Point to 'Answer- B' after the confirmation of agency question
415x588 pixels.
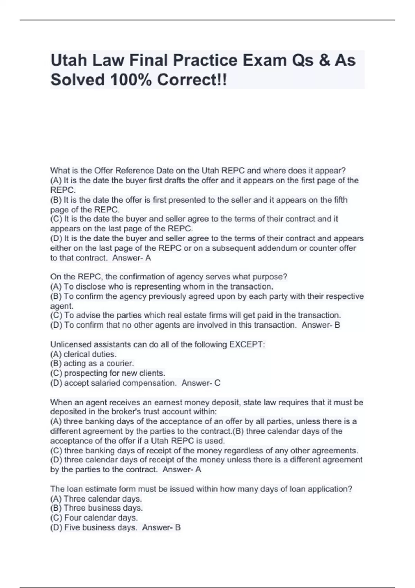321,325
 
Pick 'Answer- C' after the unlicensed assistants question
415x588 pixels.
201,383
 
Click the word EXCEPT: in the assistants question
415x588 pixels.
247,344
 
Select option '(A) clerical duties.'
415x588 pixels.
83,354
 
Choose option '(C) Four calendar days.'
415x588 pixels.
94,518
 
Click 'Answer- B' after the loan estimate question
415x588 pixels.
162,527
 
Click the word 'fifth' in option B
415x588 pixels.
341,200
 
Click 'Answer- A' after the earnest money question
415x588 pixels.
182,470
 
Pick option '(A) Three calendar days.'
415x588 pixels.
96,499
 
